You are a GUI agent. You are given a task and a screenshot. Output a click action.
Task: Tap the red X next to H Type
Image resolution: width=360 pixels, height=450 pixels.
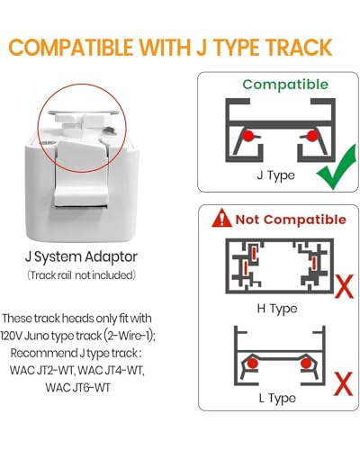pos(344,287)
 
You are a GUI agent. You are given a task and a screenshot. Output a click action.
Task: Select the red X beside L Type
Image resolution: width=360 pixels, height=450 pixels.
pos(343,384)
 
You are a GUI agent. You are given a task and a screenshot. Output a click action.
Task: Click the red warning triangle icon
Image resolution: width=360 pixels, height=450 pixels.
pos(221,218)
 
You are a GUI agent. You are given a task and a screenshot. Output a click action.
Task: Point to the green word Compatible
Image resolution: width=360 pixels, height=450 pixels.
pos(285,85)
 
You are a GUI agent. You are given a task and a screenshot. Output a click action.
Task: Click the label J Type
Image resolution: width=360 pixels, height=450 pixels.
pos(275,175)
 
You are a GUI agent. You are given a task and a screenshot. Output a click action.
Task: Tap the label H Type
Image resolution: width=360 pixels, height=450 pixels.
pos(277,309)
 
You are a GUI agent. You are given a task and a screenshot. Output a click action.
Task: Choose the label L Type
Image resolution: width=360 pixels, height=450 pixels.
pos(277,398)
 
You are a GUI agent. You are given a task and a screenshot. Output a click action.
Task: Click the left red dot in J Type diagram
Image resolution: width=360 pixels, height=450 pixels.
pos(248,136)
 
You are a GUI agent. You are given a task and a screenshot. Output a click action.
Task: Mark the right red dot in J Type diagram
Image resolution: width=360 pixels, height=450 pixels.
pos(312,136)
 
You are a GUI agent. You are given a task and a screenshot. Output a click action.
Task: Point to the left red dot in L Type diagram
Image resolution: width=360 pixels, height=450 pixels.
pos(253,364)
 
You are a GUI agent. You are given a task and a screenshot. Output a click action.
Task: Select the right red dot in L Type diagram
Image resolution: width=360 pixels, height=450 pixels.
pos(306,364)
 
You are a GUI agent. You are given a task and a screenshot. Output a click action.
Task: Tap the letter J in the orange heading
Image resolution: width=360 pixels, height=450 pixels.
pos(202,48)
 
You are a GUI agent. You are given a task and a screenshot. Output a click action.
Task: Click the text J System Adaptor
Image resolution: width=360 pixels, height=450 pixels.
pos(81,256)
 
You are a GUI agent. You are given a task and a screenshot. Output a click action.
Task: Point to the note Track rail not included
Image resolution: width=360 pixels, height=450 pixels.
pos(81,274)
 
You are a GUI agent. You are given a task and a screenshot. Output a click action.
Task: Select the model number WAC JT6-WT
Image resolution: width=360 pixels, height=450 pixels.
pos(78,387)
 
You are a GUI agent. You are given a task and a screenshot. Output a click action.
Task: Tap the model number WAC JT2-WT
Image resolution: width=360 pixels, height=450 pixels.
pos(41,370)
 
